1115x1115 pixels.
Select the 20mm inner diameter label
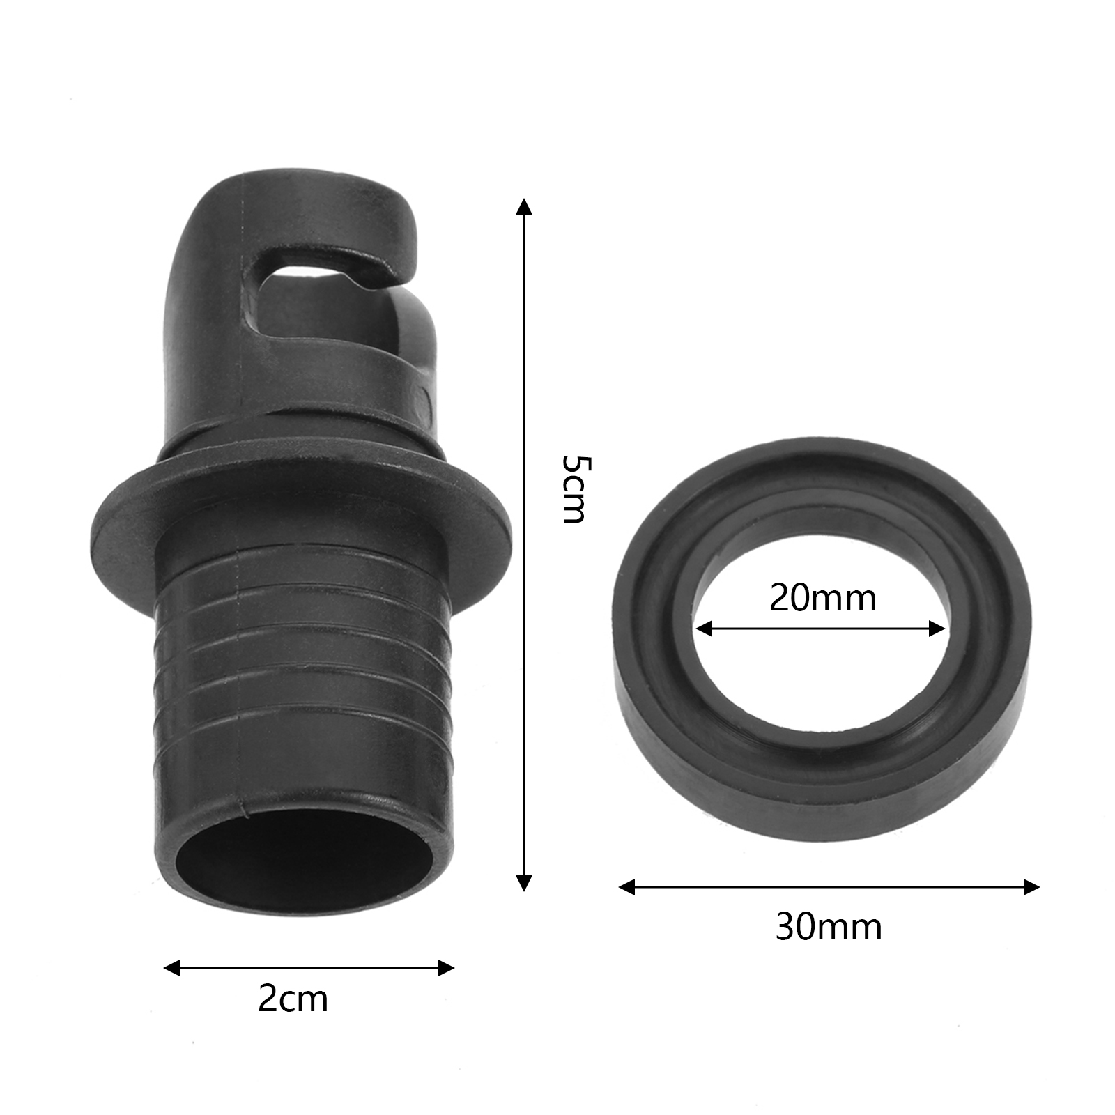click(x=822, y=598)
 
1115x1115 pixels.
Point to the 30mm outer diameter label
click(x=829, y=927)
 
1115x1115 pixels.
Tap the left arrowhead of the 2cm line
click(x=171, y=968)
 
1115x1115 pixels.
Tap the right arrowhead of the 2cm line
click(x=446, y=968)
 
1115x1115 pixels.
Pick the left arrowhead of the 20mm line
click(x=704, y=629)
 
